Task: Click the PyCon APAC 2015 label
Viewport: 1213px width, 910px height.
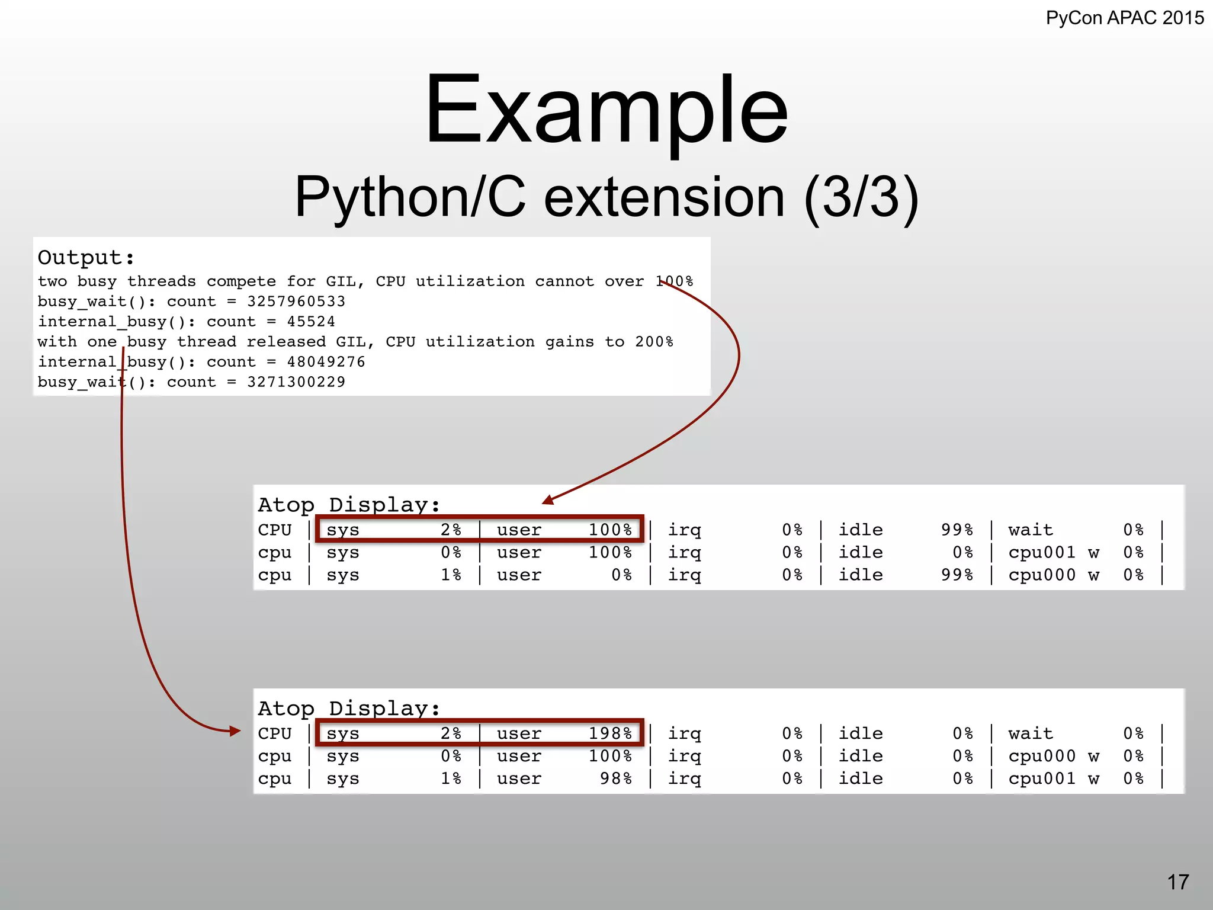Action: click(1124, 18)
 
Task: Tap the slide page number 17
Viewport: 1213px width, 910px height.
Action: click(1177, 882)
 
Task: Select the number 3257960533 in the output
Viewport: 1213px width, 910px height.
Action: click(296, 302)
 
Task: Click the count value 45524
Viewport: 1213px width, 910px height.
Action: click(311, 322)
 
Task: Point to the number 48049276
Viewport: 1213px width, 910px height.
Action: click(326, 362)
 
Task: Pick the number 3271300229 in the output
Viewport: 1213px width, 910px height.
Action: click(296, 382)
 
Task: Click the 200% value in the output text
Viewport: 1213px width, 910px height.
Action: click(654, 342)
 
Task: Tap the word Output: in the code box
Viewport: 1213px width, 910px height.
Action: click(86, 258)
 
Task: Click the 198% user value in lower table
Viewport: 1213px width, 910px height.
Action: click(610, 733)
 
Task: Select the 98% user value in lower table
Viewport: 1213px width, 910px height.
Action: click(616, 778)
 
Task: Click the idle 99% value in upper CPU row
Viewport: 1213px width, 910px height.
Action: click(957, 530)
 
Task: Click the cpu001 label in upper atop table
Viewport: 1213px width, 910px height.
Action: click(1042, 552)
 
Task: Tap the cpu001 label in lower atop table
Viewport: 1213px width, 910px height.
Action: click(1042, 778)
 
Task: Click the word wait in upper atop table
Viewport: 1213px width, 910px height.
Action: click(1031, 530)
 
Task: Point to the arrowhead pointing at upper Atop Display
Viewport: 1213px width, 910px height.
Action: click(548, 500)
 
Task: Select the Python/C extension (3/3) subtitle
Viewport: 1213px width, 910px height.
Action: click(606, 197)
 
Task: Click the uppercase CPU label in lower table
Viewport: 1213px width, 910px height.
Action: click(275, 733)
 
